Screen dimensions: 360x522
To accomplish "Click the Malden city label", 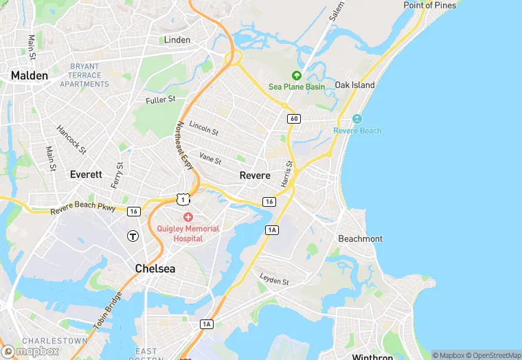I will (x=29, y=76).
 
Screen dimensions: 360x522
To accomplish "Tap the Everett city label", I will (x=86, y=175).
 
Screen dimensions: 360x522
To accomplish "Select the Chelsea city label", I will (x=155, y=269).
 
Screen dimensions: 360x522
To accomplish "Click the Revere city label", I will (x=255, y=175).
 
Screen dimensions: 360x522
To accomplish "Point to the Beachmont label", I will (x=361, y=238).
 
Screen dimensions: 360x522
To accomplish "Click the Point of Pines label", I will (x=429, y=5).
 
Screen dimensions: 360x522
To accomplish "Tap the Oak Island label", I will (x=354, y=85).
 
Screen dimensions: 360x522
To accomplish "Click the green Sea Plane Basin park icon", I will (x=297, y=76).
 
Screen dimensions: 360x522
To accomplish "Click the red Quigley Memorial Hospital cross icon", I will (x=188, y=217).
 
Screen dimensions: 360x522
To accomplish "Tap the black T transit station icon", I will (x=133, y=236).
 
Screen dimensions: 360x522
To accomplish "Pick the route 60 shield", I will (x=294, y=119).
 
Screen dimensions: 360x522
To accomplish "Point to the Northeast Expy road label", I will (x=184, y=145).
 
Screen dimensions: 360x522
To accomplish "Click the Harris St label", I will (x=287, y=175).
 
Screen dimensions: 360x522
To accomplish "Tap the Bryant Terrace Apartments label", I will (x=84, y=75).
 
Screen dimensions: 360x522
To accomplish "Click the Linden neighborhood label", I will (x=177, y=40).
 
